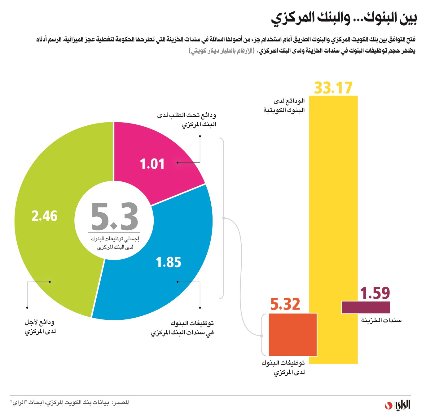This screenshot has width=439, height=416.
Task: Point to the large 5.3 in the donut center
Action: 114,216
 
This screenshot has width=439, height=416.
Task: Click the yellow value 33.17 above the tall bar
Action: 333,88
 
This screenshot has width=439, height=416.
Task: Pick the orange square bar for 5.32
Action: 292,335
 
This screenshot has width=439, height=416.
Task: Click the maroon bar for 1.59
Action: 366,307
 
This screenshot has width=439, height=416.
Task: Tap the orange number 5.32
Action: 285,304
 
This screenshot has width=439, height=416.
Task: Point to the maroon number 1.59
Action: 375,293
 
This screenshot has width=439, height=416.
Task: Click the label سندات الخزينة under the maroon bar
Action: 381,320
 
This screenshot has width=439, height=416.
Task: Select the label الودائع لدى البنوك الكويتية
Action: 284,106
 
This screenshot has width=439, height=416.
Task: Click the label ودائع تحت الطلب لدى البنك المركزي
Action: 187,120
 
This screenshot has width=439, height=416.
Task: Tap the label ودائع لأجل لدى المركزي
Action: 40,327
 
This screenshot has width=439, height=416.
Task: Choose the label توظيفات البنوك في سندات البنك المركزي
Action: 182,328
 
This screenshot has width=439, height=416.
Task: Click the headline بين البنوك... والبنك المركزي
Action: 344,18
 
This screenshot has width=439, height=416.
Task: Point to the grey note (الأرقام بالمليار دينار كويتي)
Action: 222,51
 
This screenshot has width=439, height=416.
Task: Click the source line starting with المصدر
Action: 70,402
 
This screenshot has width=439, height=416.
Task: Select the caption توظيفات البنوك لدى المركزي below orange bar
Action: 283,367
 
